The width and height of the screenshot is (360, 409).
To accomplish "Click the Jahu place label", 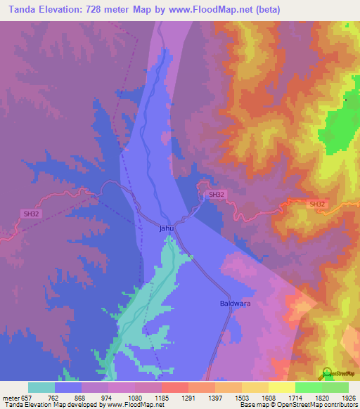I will coord(166,228).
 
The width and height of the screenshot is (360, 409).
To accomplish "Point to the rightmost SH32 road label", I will coord(318,204).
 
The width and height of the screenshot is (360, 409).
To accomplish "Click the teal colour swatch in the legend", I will coord(41,387).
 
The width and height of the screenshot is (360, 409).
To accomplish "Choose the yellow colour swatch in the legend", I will coord(281,387).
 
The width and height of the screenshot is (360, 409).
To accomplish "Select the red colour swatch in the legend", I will coord(174,387).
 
